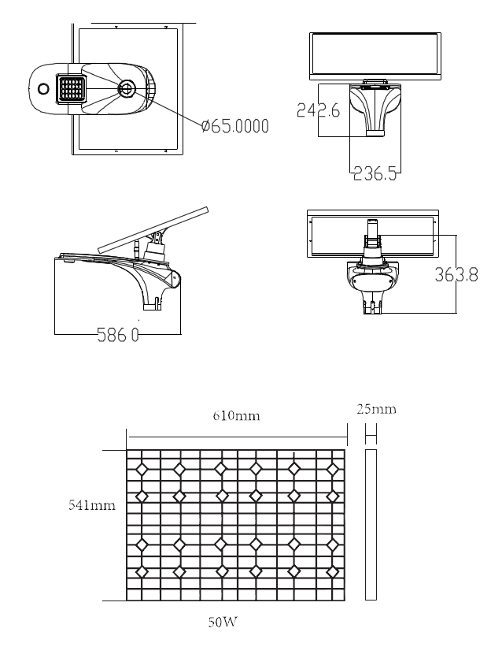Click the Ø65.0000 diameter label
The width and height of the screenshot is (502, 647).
point(234,126)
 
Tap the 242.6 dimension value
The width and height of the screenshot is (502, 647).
point(318,111)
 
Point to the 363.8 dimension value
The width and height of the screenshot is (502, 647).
point(456,275)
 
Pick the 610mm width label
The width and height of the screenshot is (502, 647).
point(236,415)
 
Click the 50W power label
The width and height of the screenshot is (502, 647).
point(223,623)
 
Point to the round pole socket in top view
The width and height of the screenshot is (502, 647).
point(127,88)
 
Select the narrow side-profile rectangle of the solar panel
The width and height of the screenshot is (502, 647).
point(371,525)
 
